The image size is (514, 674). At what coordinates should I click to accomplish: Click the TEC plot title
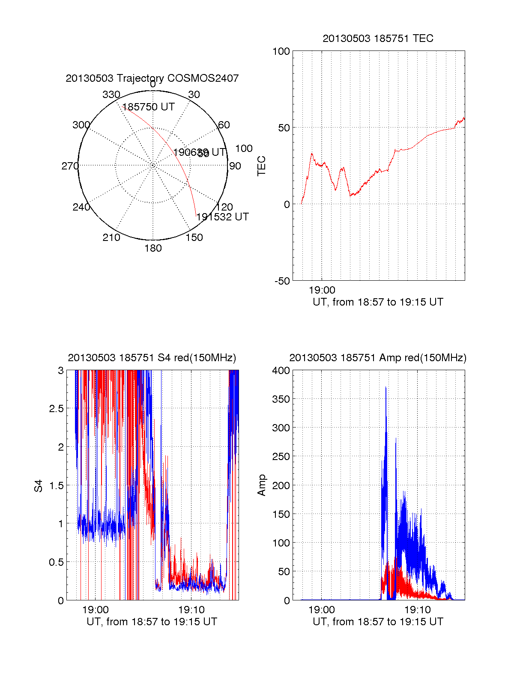click(378, 39)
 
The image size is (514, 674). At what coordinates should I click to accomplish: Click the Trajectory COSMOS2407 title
click(152, 78)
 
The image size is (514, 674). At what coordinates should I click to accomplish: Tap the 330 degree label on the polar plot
click(111, 95)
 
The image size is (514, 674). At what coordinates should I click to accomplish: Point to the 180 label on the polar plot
click(153, 248)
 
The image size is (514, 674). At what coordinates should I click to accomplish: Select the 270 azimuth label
click(70, 166)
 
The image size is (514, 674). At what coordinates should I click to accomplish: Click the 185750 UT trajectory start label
click(149, 107)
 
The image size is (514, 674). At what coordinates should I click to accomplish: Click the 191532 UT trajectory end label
click(222, 217)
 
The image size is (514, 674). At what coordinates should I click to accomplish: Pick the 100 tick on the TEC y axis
click(281, 51)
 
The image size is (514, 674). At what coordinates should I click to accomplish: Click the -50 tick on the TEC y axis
click(282, 281)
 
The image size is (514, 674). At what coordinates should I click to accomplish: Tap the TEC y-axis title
click(261, 166)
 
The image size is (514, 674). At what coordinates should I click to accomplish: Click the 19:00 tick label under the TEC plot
click(322, 291)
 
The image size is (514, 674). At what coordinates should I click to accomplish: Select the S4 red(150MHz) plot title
click(152, 358)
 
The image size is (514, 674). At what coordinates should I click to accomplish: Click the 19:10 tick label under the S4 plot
click(191, 610)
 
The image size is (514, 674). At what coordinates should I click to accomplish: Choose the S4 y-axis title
click(39, 486)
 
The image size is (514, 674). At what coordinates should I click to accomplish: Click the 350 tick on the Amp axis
click(281, 399)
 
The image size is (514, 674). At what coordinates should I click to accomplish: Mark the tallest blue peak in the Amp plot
click(385, 388)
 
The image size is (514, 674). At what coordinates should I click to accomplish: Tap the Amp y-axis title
click(261, 485)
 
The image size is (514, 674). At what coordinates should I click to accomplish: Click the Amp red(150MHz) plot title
click(378, 358)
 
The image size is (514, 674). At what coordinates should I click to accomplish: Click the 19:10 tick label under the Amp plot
click(417, 610)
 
